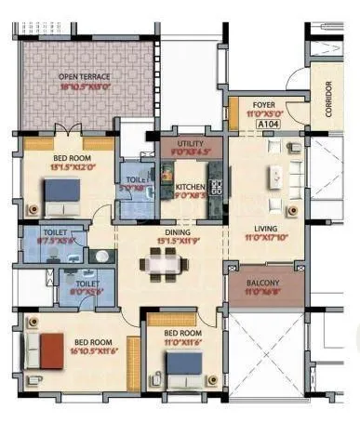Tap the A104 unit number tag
click(269, 123)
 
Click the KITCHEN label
click(190, 186)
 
